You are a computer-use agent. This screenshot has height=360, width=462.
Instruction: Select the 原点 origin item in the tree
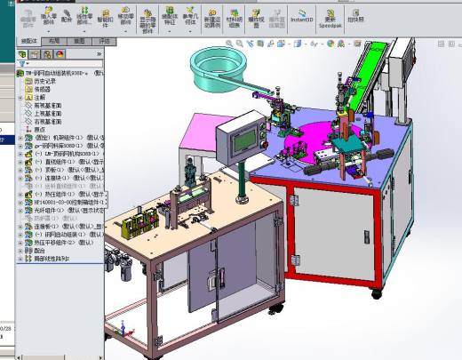coord(39,129)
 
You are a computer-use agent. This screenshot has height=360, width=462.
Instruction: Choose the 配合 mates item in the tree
coord(39,250)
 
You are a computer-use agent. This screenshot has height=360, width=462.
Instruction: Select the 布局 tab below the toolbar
coord(54,41)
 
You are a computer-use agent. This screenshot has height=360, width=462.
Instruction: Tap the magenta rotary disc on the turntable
coord(293,142)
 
